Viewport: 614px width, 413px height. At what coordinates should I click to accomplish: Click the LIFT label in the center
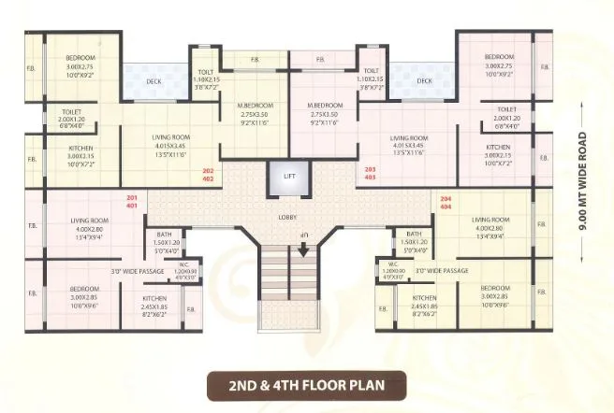pyautogui.click(x=288, y=176)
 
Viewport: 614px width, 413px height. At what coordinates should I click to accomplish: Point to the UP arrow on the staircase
pyautogui.click(x=303, y=249)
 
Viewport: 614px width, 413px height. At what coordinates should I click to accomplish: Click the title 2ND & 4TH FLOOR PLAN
pyautogui.click(x=306, y=384)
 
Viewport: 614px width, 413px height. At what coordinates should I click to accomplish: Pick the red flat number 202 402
pyautogui.click(x=209, y=172)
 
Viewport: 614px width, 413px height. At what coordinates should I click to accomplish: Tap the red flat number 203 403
pyautogui.click(x=369, y=172)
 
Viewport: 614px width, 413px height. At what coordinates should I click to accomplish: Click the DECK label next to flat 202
pyautogui.click(x=153, y=81)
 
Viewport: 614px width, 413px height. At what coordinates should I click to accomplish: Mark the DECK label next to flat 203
pyautogui.click(x=424, y=81)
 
